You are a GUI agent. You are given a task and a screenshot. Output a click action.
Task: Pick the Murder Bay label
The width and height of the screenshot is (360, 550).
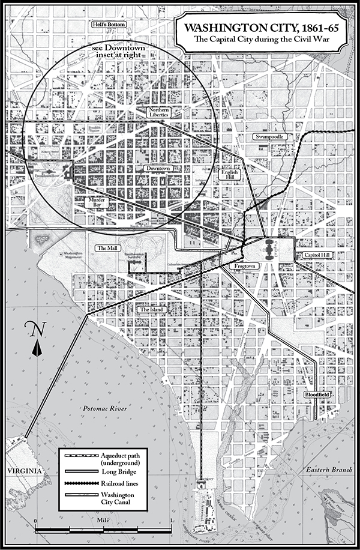coord(98,202)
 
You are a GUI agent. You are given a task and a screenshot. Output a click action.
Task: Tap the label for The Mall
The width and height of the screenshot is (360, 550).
coord(106,247)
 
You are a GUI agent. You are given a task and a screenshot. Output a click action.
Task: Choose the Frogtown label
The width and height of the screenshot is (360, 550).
coord(245,265)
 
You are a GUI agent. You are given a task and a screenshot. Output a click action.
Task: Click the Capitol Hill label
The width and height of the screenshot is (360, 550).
coord(315,255)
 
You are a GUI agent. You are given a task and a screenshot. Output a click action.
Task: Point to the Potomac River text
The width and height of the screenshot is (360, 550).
coord(106,408)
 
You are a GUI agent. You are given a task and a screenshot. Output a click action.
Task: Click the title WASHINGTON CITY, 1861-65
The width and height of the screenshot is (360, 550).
coord(259,28)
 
